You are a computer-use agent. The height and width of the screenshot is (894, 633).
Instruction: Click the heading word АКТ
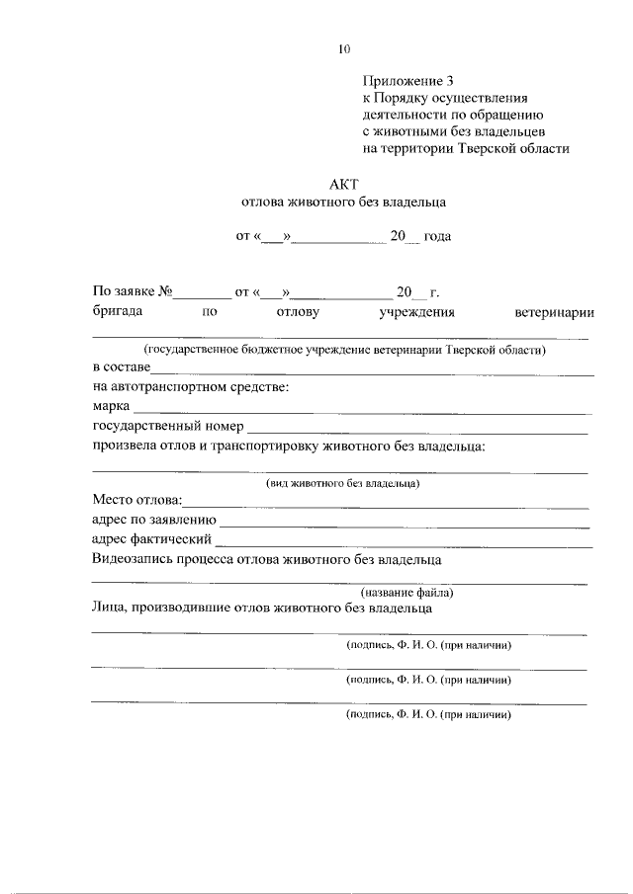click(x=343, y=183)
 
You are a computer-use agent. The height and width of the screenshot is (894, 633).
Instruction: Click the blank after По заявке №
click(x=202, y=292)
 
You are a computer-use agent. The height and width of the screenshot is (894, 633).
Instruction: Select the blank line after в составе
click(x=371, y=368)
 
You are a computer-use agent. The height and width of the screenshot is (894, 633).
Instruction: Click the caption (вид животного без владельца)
click(x=343, y=483)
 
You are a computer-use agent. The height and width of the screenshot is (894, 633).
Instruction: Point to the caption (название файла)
click(x=407, y=593)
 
